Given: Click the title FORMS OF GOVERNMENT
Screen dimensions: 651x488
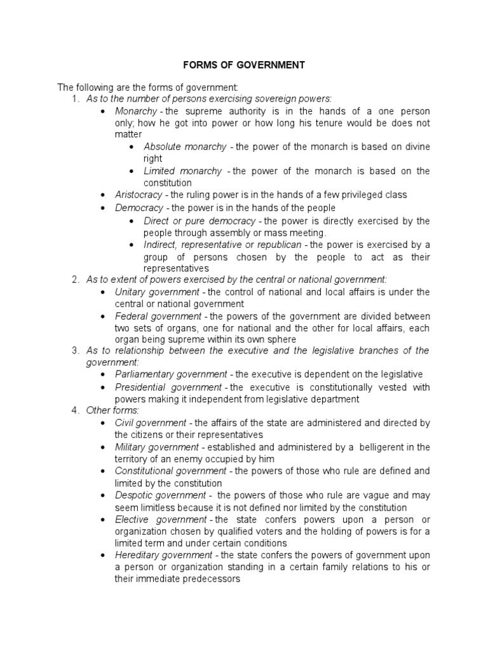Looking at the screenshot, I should tap(244, 65).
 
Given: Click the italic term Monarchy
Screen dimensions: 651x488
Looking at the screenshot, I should tap(135, 111).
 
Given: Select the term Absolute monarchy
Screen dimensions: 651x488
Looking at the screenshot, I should tap(185, 147).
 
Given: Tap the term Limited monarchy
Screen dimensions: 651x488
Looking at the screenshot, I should tap(183, 171).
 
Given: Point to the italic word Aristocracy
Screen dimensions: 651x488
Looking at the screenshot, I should tap(139, 195).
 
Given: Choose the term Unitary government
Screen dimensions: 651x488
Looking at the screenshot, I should tap(156, 292).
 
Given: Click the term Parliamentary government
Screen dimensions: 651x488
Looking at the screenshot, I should tap(170, 374).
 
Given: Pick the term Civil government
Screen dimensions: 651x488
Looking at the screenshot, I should tap(150, 423).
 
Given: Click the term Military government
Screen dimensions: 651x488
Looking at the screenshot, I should tap(156, 447).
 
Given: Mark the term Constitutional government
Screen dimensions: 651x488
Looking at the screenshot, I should tap(170, 471).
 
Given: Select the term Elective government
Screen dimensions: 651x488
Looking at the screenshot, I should tap(160, 519).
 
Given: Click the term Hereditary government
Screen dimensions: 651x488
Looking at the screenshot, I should tap(164, 555).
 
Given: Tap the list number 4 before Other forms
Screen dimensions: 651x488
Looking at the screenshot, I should tap(75, 410).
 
